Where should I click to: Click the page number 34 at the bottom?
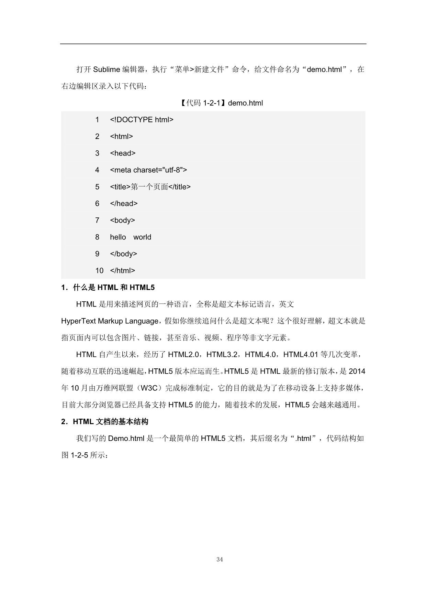pyautogui.click(x=220, y=560)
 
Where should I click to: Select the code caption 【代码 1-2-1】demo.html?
pyautogui.click(x=222, y=103)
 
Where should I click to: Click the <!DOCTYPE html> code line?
pyautogui.click(x=142, y=120)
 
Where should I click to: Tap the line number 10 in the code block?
pyautogui.click(x=99, y=271)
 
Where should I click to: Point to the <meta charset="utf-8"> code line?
pyautogui.click(x=148, y=170)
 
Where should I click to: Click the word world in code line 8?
pyautogui.click(x=142, y=237)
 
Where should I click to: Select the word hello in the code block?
pyautogui.click(x=118, y=237)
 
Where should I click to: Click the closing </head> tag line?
pyautogui.click(x=124, y=204)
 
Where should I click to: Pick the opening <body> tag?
pyautogui.click(x=122, y=220)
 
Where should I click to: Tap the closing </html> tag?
pyautogui.click(x=122, y=271)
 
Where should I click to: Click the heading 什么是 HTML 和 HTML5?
pyautogui.click(x=114, y=288)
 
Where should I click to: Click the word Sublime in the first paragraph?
pyautogui.click(x=106, y=69)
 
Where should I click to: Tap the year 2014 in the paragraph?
pyautogui.click(x=357, y=372)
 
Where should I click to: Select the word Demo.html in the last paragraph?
pyautogui.click(x=126, y=439)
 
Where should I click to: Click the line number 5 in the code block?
pyautogui.click(x=97, y=187)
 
